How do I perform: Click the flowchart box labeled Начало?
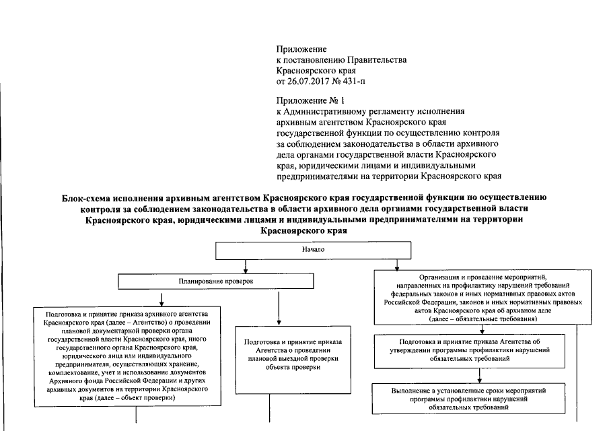click(x=314, y=249)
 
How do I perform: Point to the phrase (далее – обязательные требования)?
click(x=478, y=321)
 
